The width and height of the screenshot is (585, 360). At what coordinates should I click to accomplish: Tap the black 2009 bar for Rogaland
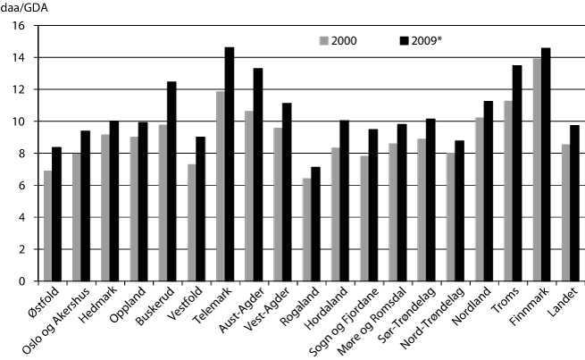tap(314, 224)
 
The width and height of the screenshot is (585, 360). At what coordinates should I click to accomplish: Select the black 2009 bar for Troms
tap(516, 173)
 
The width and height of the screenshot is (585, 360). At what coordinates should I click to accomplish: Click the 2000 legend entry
tap(344, 41)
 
